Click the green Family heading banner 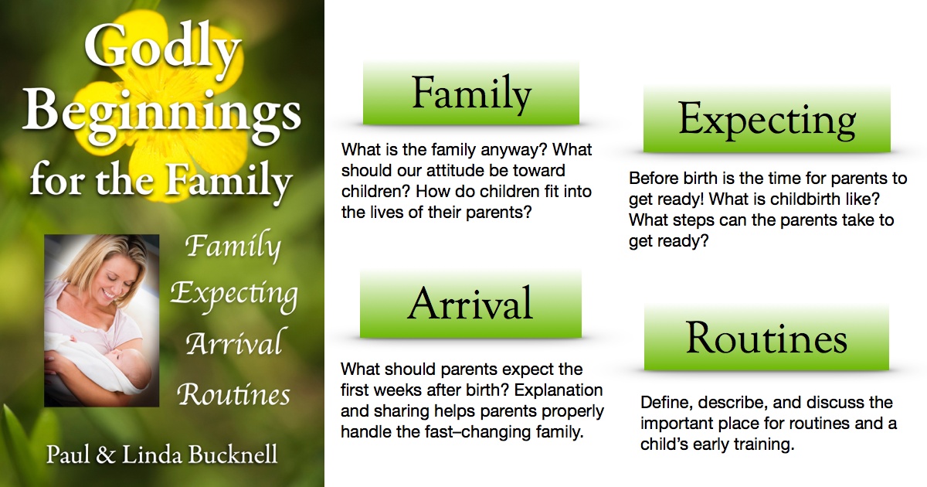pos(471,94)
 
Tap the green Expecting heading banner pos(767,119)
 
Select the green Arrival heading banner pos(470,304)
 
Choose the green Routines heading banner pos(766,338)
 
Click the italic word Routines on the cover pos(234,393)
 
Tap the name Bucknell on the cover pos(233,455)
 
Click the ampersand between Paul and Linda pos(106,455)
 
